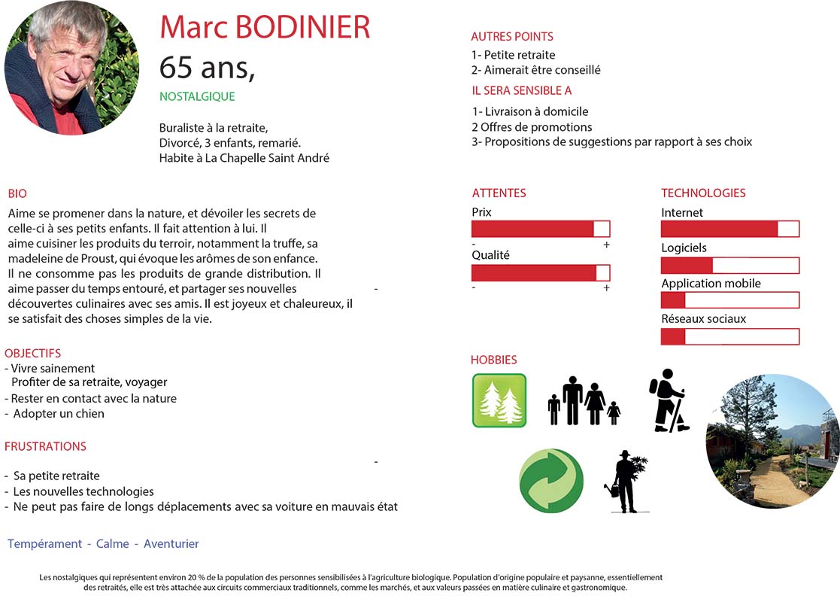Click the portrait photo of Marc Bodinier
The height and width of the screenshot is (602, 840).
click(x=71, y=68)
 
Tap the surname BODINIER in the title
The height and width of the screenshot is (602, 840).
click(x=303, y=27)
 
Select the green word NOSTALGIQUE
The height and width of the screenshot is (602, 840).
click(x=197, y=96)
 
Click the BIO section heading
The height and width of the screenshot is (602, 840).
click(x=17, y=193)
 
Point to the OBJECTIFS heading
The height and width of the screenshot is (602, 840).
click(x=33, y=353)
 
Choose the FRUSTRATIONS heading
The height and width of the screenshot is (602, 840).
click(x=45, y=446)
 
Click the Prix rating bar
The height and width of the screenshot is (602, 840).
click(x=541, y=229)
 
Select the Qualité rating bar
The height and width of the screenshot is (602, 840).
click(x=541, y=272)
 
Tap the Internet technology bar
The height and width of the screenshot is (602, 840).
click(x=729, y=229)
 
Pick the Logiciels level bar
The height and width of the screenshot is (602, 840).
click(x=729, y=265)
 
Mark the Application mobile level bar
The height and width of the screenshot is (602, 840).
click(x=729, y=300)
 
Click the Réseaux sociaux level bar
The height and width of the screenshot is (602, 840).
click(x=729, y=336)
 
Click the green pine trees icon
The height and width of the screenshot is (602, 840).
click(x=499, y=400)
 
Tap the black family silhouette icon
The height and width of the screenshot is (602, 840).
click(x=584, y=401)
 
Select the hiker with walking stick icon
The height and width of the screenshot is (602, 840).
click(x=667, y=400)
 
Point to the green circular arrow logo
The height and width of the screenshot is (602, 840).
click(x=551, y=481)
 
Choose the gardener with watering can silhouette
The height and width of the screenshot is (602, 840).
click(x=626, y=482)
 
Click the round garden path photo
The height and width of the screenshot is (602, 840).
click(x=772, y=441)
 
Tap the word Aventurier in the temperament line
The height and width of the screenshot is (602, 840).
click(x=171, y=543)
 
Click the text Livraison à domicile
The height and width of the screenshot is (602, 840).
click(x=536, y=111)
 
